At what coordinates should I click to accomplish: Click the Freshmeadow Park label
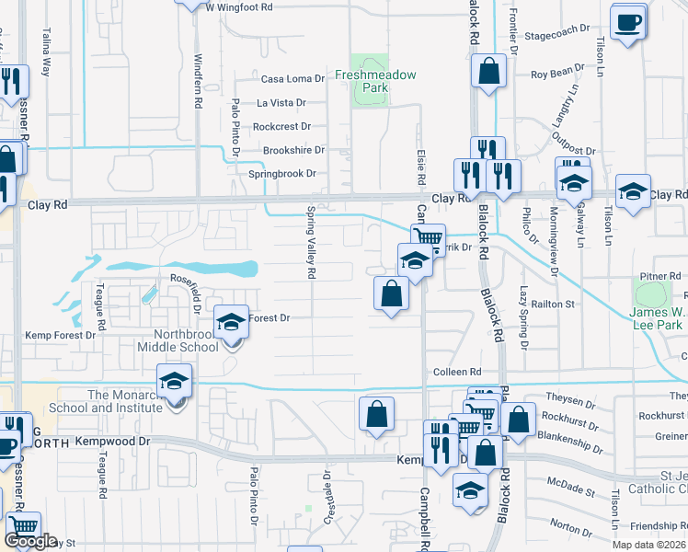375,81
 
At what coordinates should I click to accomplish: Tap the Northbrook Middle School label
176,340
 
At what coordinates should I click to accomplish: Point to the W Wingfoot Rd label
239,6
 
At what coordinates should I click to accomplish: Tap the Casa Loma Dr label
293,79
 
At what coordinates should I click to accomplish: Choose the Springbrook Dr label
282,173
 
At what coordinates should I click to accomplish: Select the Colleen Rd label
457,371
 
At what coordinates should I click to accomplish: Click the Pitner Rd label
660,276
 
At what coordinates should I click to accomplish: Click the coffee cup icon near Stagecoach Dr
628,22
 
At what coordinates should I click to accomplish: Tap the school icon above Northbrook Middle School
231,322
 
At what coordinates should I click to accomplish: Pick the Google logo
30,542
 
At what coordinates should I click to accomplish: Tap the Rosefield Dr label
191,278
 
